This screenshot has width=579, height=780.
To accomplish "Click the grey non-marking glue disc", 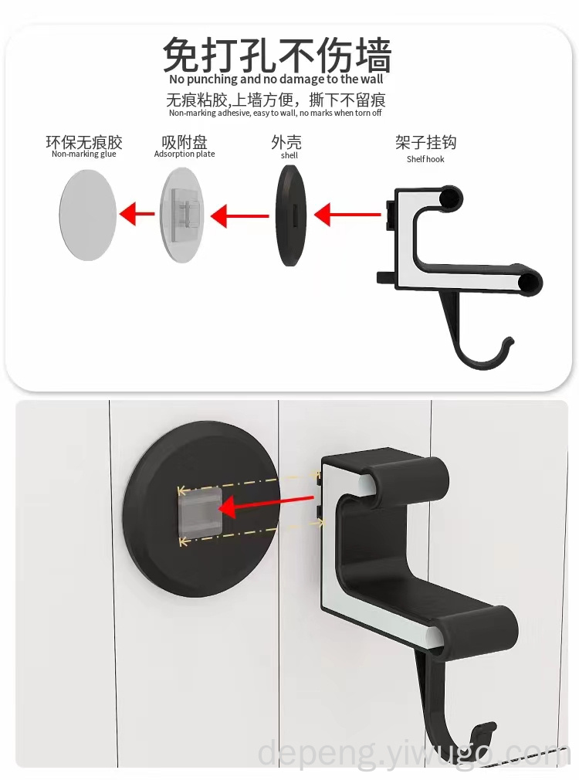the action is point(87,215).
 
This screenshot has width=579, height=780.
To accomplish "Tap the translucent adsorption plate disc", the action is point(182,215).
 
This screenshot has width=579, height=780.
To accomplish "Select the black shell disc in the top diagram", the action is point(291,215).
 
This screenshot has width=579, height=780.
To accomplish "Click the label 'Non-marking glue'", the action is point(83,154).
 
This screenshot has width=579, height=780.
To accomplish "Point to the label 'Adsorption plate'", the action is point(185,154).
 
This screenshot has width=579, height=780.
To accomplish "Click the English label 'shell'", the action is point(289,155).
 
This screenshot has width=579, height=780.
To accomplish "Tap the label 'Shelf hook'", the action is point(425,159).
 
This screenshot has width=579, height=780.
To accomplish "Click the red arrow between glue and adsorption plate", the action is point(137,214).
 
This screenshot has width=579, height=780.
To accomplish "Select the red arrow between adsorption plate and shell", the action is point(240,216).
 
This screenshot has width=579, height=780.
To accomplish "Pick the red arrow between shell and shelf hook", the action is point(347,215).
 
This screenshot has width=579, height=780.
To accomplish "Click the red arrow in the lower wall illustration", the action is point(266,504).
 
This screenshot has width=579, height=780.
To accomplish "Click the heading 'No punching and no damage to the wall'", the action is point(276,79).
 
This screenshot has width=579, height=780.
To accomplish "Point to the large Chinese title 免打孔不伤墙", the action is point(277,54).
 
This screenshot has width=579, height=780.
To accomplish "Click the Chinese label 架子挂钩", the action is point(426,143).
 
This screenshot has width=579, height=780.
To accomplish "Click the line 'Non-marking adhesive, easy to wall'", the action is point(233,113).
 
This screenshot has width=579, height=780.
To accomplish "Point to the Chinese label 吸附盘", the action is point(185,142).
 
